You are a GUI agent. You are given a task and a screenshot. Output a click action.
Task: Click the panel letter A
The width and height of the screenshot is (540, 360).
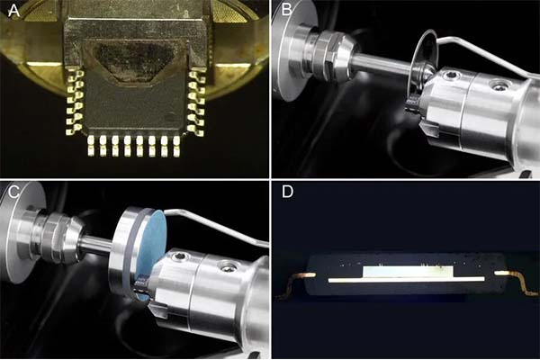tap(13, 11)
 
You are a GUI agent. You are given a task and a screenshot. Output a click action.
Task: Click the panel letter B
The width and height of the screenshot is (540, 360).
tap(286, 10)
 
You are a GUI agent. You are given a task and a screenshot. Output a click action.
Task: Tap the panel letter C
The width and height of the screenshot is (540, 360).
tap(13, 192)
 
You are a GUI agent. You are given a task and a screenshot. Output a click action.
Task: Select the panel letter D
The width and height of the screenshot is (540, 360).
tap(287, 192)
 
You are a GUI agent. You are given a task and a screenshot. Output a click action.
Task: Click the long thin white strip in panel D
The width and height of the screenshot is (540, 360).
tap(407, 280)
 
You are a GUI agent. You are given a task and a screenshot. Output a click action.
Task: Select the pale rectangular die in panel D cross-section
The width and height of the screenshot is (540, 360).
tap(409, 271)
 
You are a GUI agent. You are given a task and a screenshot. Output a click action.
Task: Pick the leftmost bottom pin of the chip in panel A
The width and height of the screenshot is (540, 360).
tap(91, 146)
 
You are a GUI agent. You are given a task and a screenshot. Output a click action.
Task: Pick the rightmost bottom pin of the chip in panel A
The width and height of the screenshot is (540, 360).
tap(176, 146)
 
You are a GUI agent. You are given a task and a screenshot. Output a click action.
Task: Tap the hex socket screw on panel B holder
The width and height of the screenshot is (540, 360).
tap(450, 75)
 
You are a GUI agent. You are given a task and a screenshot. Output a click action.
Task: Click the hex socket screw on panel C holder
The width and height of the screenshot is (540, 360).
tap(178, 256)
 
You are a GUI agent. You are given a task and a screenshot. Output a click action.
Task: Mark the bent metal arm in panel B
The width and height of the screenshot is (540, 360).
tap(486, 54)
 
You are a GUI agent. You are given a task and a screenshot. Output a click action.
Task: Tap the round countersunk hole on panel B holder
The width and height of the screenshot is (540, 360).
tap(499, 85)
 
